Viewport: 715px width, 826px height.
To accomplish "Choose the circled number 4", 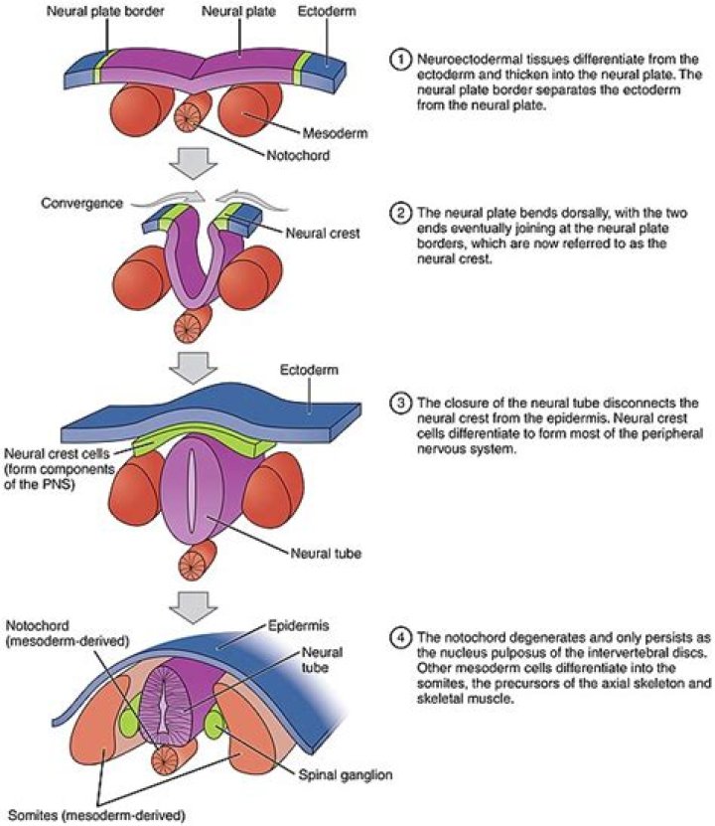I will coord(396,631).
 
